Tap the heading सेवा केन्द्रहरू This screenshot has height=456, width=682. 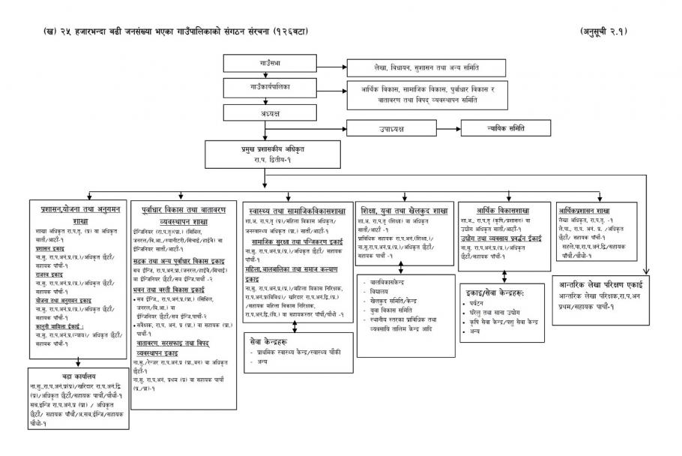[270, 340]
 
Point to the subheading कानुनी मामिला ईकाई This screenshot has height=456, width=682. [61, 326]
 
